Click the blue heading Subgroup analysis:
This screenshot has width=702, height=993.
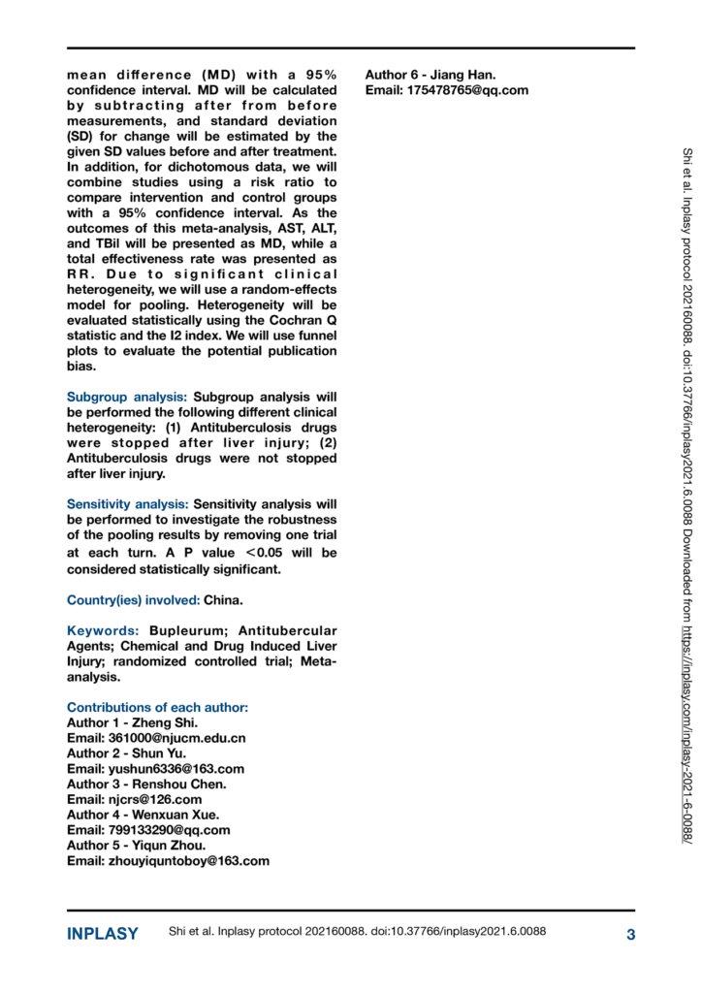[x=128, y=397]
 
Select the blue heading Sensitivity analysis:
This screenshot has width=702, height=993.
[x=128, y=504]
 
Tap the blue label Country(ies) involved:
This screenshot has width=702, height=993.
[x=133, y=599]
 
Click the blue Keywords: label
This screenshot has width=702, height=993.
[x=100, y=630]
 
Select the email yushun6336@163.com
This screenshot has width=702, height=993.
[x=170, y=769]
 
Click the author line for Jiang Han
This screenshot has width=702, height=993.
[x=430, y=75]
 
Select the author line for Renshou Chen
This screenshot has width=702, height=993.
[x=145, y=785]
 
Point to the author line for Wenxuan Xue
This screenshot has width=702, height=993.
[x=143, y=816]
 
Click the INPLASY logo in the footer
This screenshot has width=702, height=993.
[x=102, y=934]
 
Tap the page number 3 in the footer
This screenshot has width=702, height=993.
[x=630, y=935]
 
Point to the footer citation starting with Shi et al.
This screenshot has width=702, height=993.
[x=357, y=933]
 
